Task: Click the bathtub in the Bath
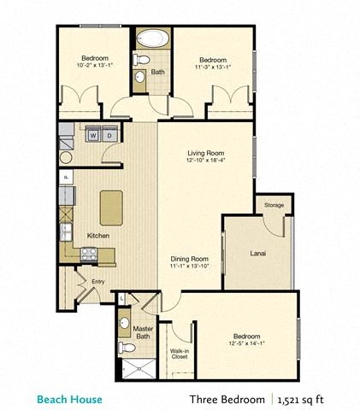click(153, 38)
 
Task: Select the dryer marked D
click(110, 134)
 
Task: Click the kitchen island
click(112, 207)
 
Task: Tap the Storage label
click(273, 205)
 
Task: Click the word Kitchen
click(98, 235)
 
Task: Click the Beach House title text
click(69, 398)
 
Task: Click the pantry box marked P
click(64, 178)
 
